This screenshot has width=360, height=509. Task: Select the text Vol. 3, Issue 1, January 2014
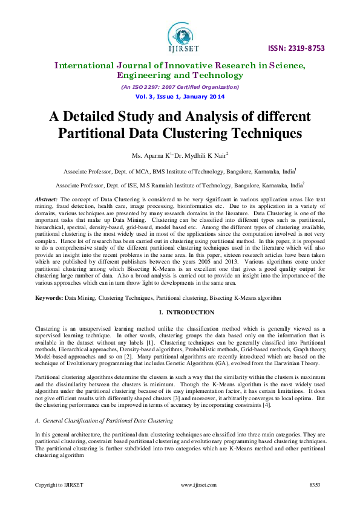(x=180, y=97)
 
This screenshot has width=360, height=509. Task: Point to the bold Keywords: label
(x=48, y=299)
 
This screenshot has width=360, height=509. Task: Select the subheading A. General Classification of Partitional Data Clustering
(x=103, y=420)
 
